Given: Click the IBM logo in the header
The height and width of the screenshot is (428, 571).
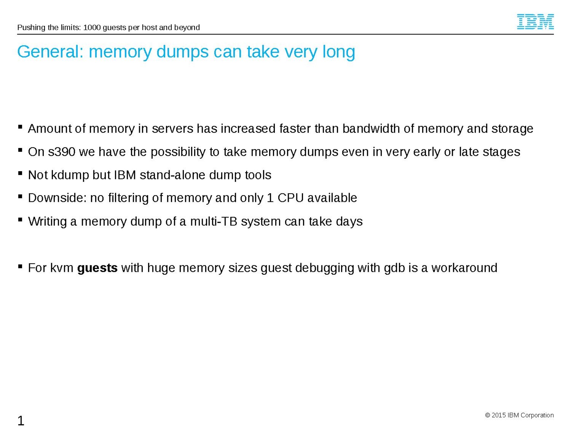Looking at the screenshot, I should [535, 22].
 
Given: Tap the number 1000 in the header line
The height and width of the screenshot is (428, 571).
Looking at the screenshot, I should [92, 27].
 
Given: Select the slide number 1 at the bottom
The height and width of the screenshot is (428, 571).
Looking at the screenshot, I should [21, 421].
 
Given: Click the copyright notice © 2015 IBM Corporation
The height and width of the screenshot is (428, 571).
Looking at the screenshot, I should [519, 415].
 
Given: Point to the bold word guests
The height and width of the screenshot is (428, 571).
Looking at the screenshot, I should [97, 268].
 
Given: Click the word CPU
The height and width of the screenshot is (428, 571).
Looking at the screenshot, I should [290, 198].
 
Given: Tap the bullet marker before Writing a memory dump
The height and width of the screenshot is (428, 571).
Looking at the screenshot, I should [20, 220].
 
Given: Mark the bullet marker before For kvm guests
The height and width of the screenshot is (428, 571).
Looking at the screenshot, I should [20, 266].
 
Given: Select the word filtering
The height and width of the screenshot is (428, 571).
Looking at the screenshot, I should [133, 198].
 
